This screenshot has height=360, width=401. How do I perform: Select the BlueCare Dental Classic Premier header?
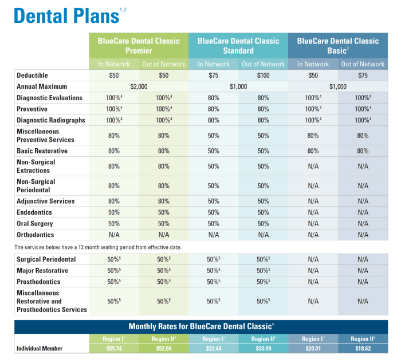point(139,45)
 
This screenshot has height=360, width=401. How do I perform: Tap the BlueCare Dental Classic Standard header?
point(238,45)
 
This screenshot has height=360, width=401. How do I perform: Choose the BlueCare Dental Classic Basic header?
point(338,45)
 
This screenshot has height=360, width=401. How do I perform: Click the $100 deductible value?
point(263,76)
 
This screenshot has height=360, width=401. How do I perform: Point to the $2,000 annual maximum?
point(139,86)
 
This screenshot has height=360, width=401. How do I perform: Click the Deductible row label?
point(33,76)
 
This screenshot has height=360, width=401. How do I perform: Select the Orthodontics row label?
point(36,235)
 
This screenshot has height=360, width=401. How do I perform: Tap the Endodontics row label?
point(35,212)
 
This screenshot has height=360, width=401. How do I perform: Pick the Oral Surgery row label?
point(35,224)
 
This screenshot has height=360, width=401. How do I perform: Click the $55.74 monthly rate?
point(113,348)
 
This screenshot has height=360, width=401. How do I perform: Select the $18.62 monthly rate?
point(363,348)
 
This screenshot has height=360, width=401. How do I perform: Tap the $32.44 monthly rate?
point(213,348)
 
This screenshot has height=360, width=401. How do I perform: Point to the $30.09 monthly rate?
point(263,348)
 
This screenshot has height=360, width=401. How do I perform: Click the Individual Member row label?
point(40,349)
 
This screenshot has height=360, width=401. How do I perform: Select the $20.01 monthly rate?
point(313,348)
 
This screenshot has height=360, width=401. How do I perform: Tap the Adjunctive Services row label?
point(46,201)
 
